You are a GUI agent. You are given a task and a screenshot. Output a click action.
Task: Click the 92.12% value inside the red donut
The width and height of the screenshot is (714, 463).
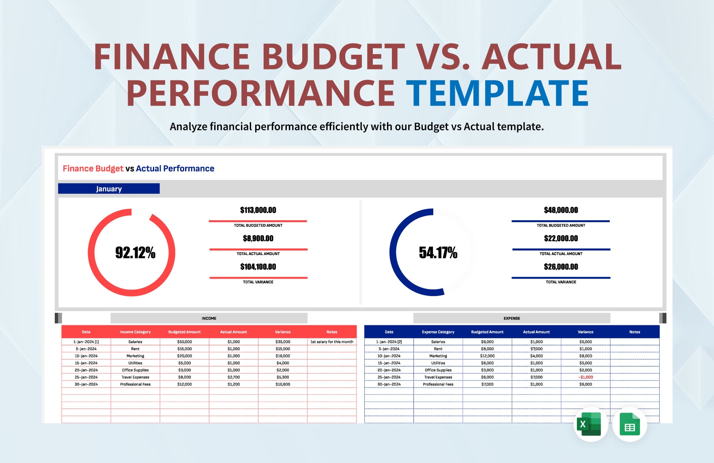click(135, 253)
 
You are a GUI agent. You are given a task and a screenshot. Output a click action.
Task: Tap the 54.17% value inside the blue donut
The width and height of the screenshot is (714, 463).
click(438, 253)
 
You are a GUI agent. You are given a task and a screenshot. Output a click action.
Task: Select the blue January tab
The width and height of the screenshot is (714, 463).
click(109, 189)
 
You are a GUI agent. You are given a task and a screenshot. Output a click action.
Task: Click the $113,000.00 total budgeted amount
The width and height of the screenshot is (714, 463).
click(258, 210)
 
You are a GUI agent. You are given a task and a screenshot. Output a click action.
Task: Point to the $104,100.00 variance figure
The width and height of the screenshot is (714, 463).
click(258, 267)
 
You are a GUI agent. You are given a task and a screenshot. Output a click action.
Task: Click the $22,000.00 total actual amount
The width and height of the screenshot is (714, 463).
click(561, 238)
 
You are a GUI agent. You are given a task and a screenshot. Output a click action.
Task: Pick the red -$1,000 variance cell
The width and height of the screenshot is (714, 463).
click(585, 377)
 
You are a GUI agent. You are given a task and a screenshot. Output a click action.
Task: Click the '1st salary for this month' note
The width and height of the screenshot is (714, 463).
click(331, 342)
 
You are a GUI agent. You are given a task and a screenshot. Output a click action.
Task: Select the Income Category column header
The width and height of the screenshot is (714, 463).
click(135, 332)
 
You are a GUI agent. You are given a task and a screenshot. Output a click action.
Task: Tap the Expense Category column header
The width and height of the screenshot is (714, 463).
click(438, 332)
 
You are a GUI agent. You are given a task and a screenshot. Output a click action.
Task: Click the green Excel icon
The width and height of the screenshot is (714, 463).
click(591, 424)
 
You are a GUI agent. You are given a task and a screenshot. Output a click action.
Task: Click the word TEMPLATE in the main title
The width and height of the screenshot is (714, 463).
click(497, 93)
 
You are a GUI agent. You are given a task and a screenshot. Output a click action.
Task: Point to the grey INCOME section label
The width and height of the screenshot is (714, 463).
click(209, 318)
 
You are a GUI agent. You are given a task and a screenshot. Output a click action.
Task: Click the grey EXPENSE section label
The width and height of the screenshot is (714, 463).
click(512, 318)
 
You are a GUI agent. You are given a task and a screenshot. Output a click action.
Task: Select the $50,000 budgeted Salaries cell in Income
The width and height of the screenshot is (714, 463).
click(184, 342)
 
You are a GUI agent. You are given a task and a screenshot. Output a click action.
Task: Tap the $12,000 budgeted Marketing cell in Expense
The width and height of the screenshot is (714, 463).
click(487, 356)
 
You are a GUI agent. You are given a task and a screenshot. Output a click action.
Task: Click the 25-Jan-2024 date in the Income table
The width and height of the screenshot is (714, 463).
click(86, 377)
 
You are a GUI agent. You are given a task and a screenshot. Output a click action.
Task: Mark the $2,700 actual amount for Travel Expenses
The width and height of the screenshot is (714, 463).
click(233, 377)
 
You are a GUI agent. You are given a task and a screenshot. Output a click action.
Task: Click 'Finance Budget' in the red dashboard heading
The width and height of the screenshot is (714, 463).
click(93, 169)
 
